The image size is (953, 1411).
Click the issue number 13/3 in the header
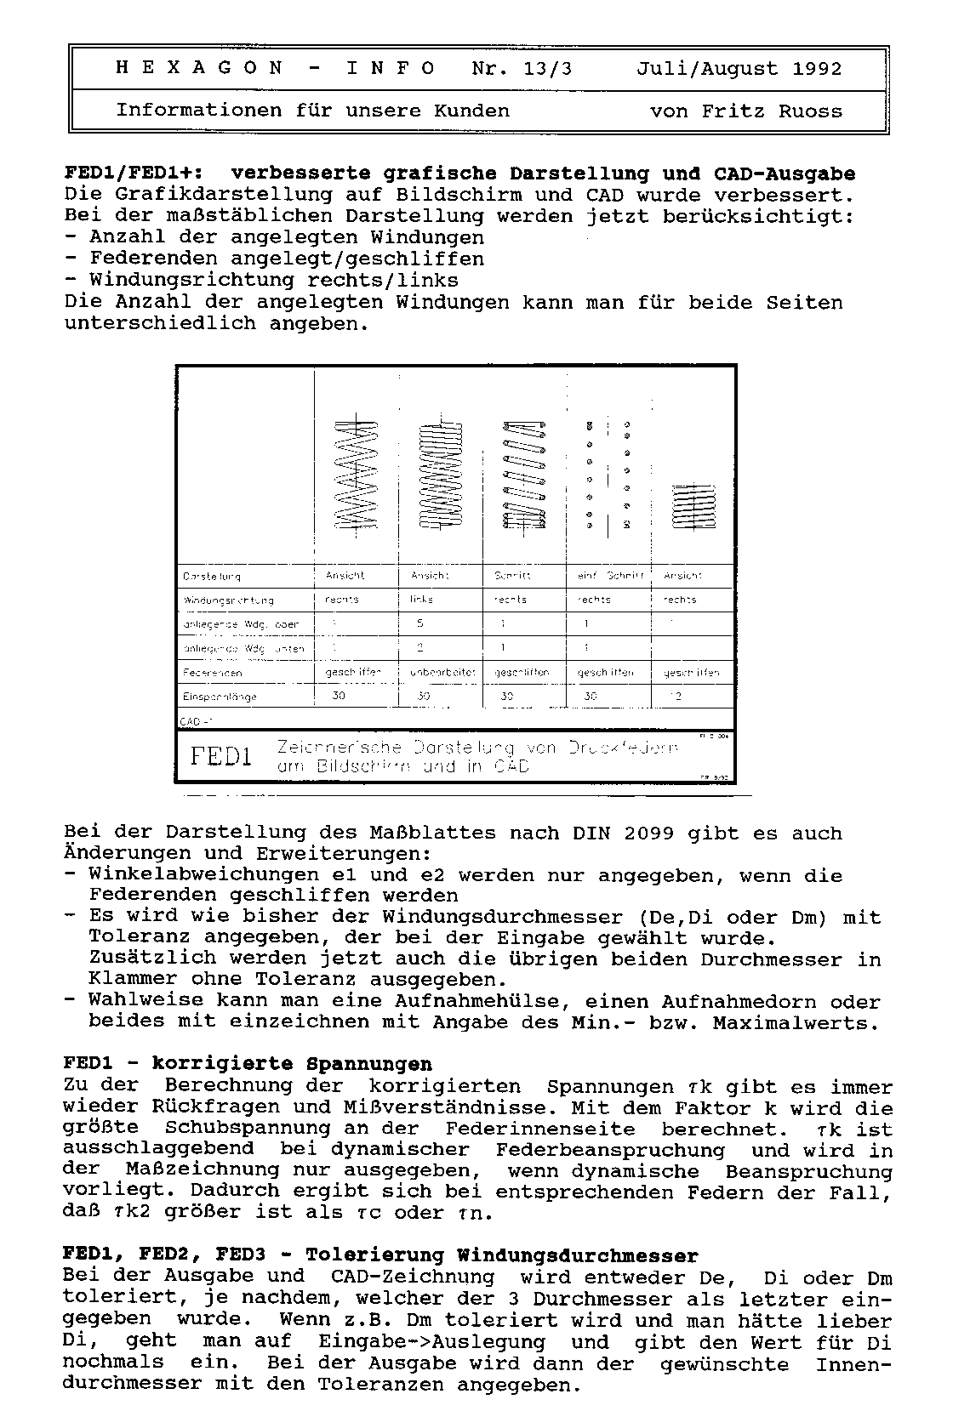click(547, 69)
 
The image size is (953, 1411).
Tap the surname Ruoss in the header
click(808, 111)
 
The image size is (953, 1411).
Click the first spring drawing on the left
click(357, 474)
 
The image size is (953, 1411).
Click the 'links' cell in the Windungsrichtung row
click(421, 600)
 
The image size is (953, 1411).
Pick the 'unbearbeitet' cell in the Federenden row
click(440, 673)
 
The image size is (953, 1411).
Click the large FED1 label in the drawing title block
click(221, 756)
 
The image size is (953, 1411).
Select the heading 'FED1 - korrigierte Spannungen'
click(248, 1064)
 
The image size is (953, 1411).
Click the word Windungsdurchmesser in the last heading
click(578, 1255)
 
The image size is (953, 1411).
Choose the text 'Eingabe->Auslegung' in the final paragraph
click(431, 1342)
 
